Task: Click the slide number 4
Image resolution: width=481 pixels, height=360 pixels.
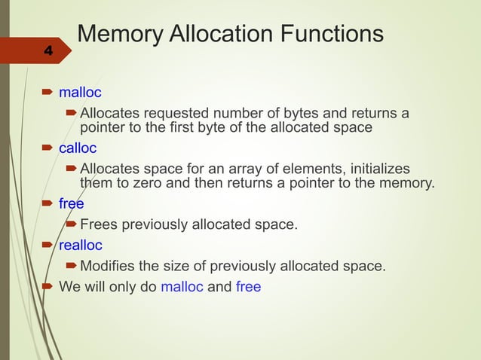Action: click(x=48, y=51)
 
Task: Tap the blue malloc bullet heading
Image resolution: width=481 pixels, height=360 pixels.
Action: click(x=80, y=93)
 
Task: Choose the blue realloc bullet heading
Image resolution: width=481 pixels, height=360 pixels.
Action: click(x=81, y=245)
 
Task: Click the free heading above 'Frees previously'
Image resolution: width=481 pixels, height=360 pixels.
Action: click(x=72, y=203)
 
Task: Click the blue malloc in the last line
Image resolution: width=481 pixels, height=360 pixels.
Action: click(x=182, y=286)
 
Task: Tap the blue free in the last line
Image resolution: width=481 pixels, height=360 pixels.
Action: click(x=248, y=286)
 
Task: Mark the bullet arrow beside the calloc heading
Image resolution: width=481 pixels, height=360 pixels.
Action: click(x=46, y=148)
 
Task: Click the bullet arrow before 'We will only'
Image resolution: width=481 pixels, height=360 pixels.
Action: click(x=46, y=286)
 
